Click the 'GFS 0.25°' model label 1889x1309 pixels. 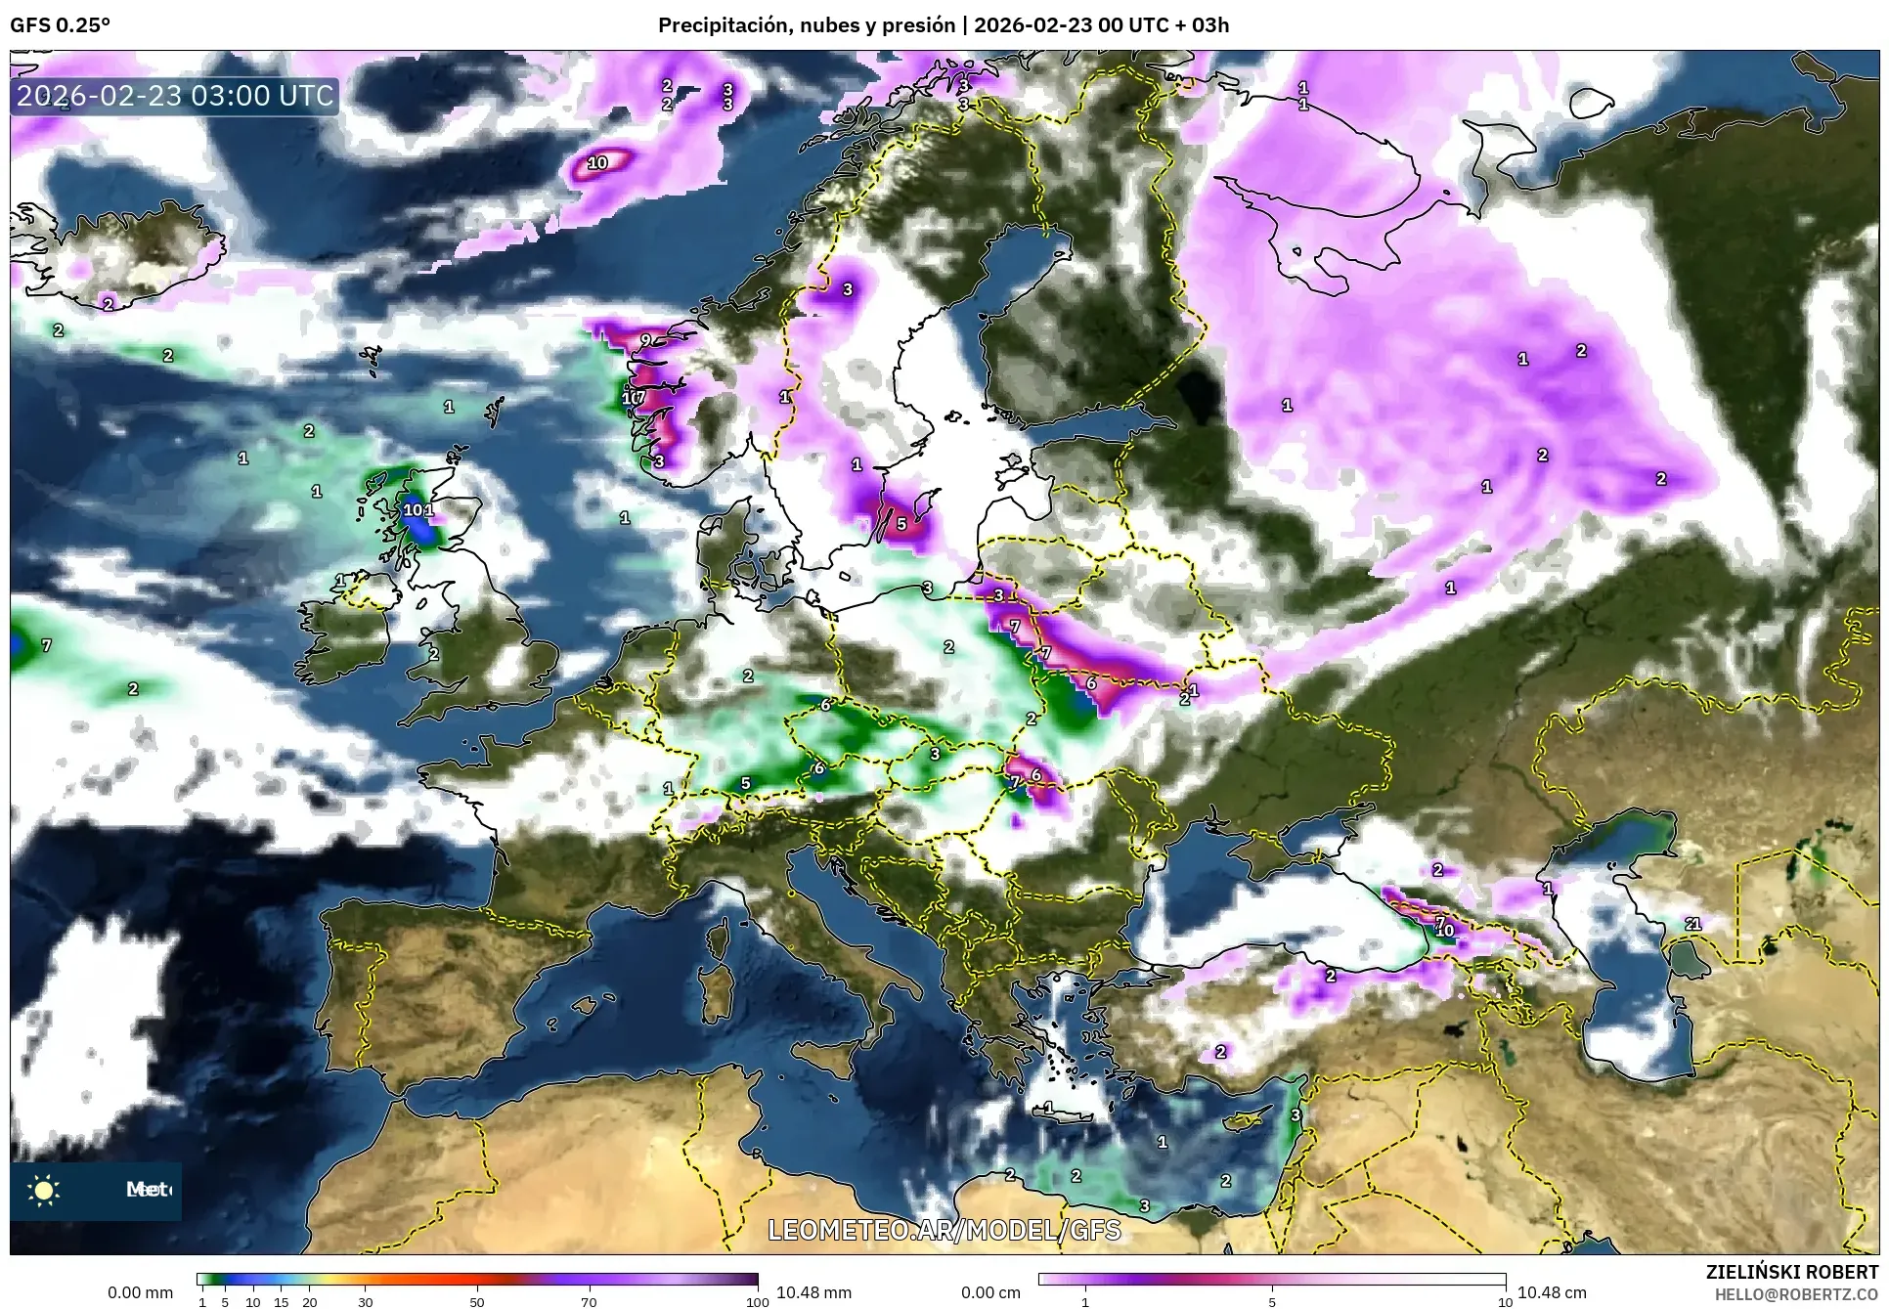(60, 25)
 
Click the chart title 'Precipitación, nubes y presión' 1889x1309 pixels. (806, 25)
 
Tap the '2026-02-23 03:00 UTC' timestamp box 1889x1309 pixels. (175, 96)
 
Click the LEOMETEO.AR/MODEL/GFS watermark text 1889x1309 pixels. (944, 1230)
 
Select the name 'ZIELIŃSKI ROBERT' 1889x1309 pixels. (1791, 1272)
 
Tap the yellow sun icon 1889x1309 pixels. (44, 1190)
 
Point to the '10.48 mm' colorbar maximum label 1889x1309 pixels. (813, 1292)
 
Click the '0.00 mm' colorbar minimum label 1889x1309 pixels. (140, 1292)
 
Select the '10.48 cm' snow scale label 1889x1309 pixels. (1552, 1292)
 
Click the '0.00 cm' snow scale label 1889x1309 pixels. (990, 1292)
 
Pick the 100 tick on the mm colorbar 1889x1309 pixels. (758, 1302)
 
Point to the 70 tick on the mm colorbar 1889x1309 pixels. (589, 1302)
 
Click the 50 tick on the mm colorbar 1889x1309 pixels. (477, 1302)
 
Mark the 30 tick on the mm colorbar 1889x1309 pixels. (365, 1302)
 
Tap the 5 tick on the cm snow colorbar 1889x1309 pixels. (1272, 1302)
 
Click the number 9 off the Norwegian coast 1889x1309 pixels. (645, 340)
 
